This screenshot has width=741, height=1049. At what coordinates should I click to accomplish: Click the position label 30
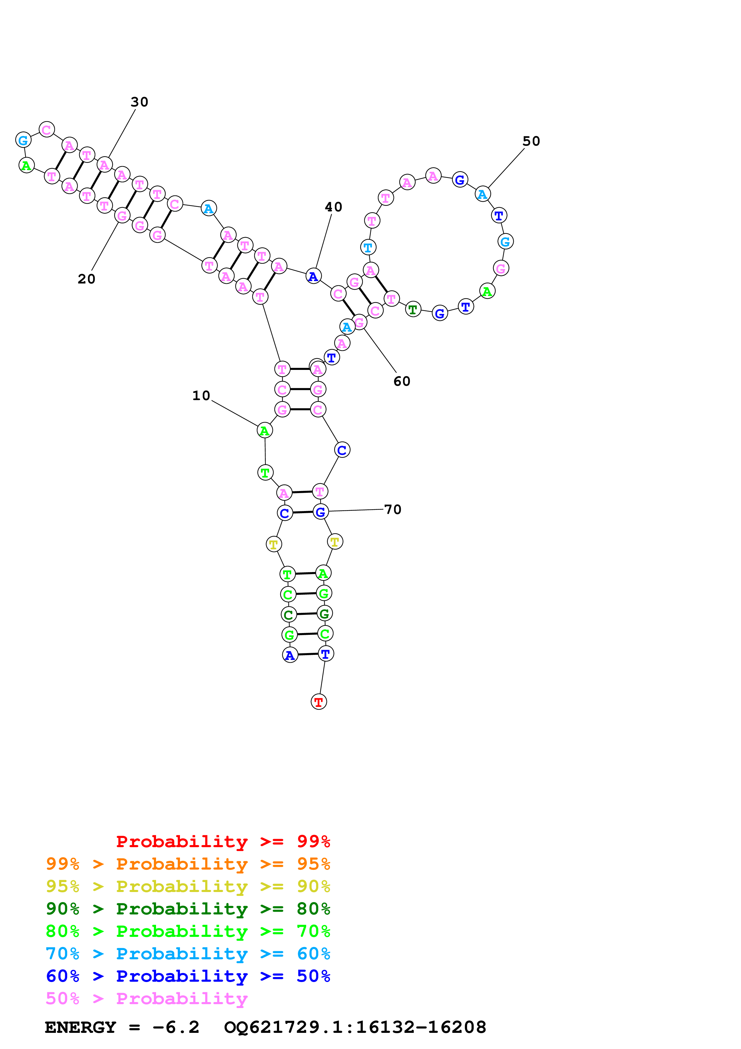[x=139, y=102]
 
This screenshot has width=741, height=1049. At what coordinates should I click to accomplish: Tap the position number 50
[x=531, y=141]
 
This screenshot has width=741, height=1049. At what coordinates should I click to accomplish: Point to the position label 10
[x=201, y=396]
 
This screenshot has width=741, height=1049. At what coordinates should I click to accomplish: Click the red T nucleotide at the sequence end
[x=319, y=702]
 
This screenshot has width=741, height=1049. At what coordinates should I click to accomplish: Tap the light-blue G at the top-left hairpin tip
[x=23, y=140]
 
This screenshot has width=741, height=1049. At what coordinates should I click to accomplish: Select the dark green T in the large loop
[x=413, y=309]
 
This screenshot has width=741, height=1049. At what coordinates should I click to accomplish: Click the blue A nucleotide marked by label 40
[x=313, y=276]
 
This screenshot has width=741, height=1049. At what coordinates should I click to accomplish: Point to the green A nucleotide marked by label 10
[x=264, y=430]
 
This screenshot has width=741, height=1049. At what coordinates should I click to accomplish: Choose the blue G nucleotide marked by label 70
[x=320, y=512]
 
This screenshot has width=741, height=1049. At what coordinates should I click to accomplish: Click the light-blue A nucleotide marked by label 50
[x=482, y=194]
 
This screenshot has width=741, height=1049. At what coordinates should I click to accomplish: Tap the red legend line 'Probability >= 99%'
[x=223, y=841]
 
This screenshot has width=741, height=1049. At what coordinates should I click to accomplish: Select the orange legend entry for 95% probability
[x=188, y=864]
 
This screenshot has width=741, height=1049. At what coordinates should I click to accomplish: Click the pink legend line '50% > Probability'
[x=146, y=998]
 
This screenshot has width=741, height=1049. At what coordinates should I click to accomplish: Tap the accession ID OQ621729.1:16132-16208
[x=355, y=1027]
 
